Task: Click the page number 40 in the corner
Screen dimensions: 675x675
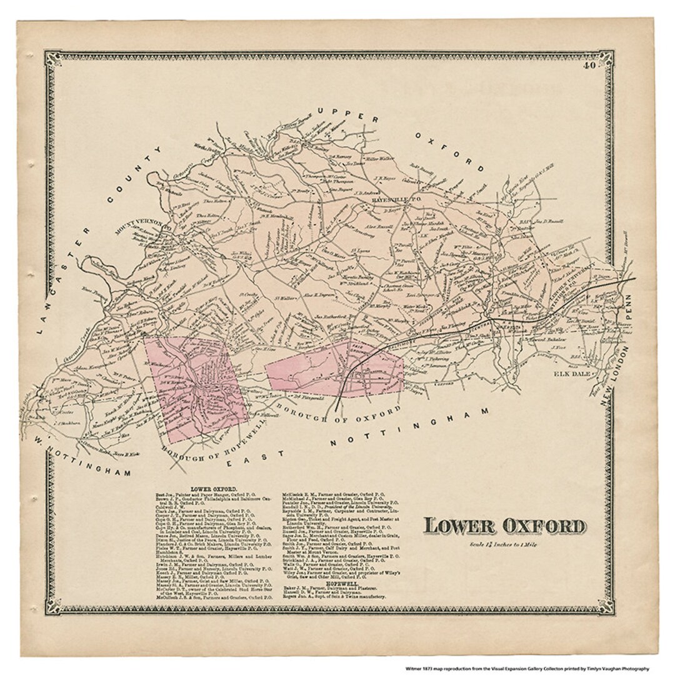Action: click(589, 64)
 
